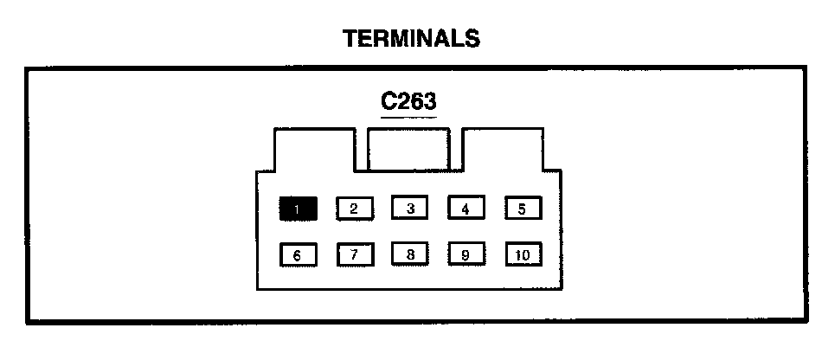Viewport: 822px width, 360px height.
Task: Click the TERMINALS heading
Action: [411, 38]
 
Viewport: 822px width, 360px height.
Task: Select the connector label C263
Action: [409, 101]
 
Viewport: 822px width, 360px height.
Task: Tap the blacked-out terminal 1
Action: [298, 208]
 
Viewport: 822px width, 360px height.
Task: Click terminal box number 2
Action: [354, 208]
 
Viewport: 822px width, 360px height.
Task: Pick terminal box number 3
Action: [410, 208]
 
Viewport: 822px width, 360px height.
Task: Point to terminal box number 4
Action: [466, 208]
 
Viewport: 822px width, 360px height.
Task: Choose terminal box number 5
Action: [522, 208]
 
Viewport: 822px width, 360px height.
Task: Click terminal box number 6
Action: [298, 255]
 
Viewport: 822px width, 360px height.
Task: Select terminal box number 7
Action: [354, 255]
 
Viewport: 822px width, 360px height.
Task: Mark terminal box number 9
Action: [466, 255]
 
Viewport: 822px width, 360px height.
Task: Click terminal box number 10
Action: [522, 255]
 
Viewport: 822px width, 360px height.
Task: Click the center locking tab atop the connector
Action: [408, 149]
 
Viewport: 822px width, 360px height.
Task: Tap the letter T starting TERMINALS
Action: [350, 38]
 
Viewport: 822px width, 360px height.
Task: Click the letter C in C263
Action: [389, 101]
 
